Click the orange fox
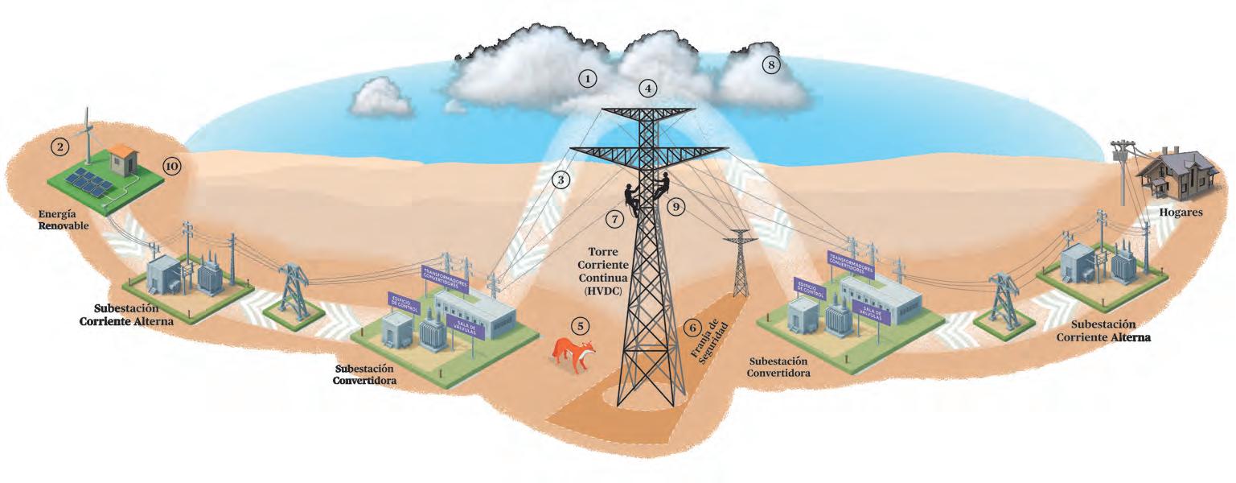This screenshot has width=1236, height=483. click(574, 353)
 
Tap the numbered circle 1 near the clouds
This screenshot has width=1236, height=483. click(589, 78)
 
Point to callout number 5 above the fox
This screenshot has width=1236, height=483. click(580, 325)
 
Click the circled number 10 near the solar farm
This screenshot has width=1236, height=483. click(171, 166)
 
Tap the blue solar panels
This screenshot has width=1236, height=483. click(88, 183)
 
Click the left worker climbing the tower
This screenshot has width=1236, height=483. click(630, 197)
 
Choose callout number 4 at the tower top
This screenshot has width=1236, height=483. click(648, 88)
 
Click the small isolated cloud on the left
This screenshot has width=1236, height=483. click(380, 97)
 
